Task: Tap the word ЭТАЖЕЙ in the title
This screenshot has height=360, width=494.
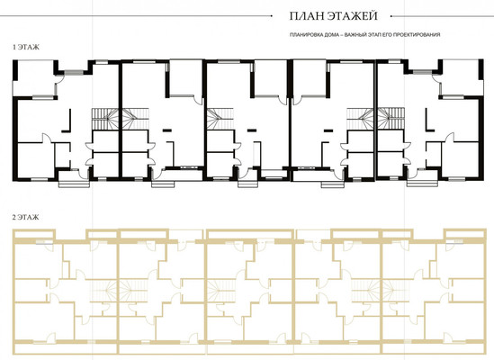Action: (x=352, y=16)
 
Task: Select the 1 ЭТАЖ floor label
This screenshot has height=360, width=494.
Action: (x=26, y=48)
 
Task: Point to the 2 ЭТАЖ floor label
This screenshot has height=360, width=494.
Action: (x=25, y=217)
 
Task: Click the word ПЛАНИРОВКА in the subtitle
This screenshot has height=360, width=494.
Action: (x=305, y=35)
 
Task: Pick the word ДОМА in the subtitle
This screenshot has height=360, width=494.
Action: (x=328, y=35)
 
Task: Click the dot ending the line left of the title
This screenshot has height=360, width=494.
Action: (x=272, y=15)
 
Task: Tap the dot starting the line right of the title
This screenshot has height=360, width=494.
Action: (x=391, y=15)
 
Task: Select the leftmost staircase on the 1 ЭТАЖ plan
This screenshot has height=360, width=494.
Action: (x=105, y=119)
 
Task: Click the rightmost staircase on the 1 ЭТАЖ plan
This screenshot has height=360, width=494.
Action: (x=391, y=119)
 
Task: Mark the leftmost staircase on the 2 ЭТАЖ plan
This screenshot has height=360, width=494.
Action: (x=105, y=291)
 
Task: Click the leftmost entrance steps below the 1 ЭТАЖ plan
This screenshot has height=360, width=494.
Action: (x=74, y=184)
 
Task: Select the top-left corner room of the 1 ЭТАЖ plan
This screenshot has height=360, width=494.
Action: (x=34, y=78)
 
